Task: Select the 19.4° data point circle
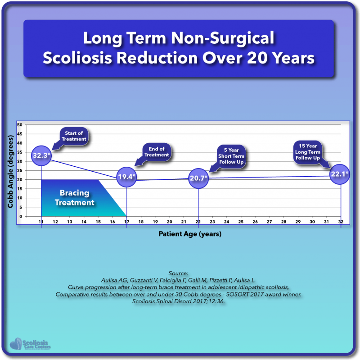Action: pos(126,177)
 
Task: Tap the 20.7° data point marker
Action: pos(198,178)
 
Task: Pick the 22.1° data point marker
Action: pos(340,174)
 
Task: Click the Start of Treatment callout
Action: pos(74,136)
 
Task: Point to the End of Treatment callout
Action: pos(157,152)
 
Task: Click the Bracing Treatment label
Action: pos(75,198)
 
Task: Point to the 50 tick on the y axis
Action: pos(20,124)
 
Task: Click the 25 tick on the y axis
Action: pos(20,170)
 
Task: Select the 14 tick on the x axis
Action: pos(84,222)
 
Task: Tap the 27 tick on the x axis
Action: pos(269,222)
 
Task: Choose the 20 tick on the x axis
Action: pos(169,222)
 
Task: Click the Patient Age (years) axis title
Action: pos(189,234)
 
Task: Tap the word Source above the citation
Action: pos(180,273)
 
